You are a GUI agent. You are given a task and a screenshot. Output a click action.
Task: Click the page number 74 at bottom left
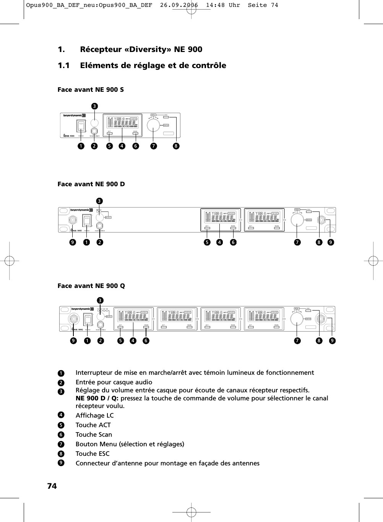tap(52, 486)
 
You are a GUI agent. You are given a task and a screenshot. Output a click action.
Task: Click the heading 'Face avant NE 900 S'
tap(91, 89)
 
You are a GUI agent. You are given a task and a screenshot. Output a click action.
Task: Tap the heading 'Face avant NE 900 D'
tap(91, 184)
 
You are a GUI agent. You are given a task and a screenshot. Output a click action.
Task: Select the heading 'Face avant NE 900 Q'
tap(91, 286)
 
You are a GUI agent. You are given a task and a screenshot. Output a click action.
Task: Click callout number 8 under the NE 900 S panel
tap(176, 146)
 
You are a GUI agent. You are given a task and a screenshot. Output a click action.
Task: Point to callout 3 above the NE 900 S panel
tap(94, 105)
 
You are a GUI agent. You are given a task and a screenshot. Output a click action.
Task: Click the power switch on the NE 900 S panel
tap(81, 126)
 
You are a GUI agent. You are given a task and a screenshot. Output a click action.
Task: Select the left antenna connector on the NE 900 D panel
tap(73, 220)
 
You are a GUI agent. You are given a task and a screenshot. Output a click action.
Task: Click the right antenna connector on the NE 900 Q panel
tap(323, 319)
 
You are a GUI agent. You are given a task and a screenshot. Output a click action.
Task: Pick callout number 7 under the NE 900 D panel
tap(297, 242)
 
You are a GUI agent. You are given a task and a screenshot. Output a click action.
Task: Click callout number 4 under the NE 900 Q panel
tap(133, 340)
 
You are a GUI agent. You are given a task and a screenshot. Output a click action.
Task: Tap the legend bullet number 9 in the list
tap(60, 463)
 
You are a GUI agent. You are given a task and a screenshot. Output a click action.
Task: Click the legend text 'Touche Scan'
tap(94, 434)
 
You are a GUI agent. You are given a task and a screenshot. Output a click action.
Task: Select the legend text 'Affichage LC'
tap(94, 415)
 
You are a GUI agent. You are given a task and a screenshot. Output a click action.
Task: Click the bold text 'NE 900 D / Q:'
tap(97, 398)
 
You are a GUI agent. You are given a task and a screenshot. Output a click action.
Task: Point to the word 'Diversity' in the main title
tap(148, 49)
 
